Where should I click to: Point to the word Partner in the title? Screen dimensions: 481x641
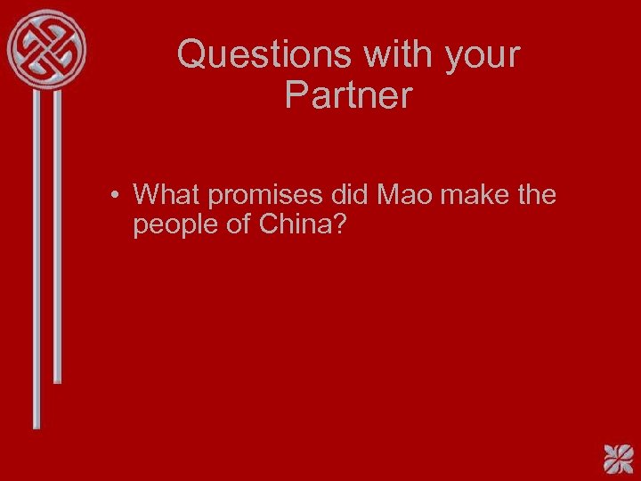point(349,95)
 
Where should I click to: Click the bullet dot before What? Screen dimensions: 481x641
point(117,195)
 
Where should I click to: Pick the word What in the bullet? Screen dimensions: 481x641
point(166,194)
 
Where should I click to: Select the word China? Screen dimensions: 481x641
point(293,224)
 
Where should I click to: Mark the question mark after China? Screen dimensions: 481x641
point(338,224)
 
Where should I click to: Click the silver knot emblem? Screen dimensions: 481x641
point(47,48)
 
